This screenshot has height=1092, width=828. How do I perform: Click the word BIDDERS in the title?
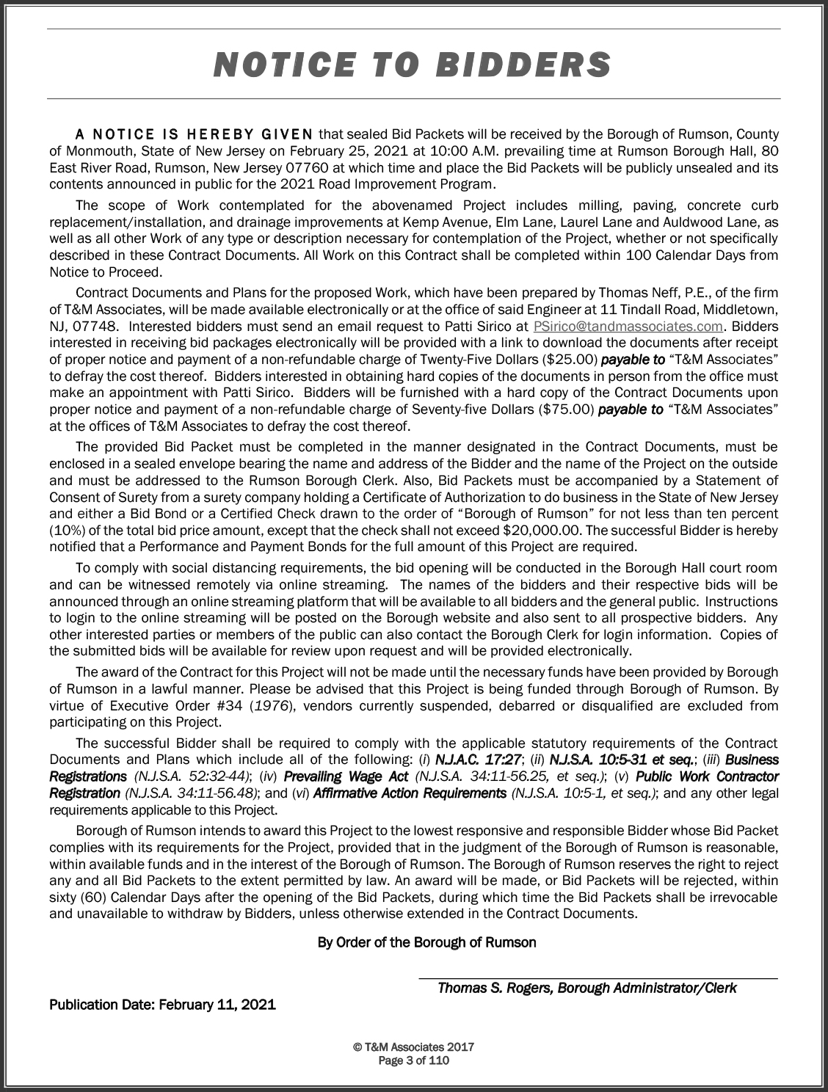(x=523, y=65)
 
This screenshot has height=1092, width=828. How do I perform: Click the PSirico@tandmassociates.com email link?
(x=628, y=326)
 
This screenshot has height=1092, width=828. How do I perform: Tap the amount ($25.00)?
(x=567, y=360)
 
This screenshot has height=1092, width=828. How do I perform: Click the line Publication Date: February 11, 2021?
(x=162, y=1005)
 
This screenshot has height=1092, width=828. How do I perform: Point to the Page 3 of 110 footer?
(x=413, y=1060)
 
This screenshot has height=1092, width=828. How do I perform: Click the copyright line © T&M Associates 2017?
(x=413, y=1047)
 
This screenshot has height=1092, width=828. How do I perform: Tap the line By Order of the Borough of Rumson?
(x=426, y=942)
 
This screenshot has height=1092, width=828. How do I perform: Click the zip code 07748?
(x=97, y=326)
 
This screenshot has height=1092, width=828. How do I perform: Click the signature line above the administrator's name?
(x=598, y=978)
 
